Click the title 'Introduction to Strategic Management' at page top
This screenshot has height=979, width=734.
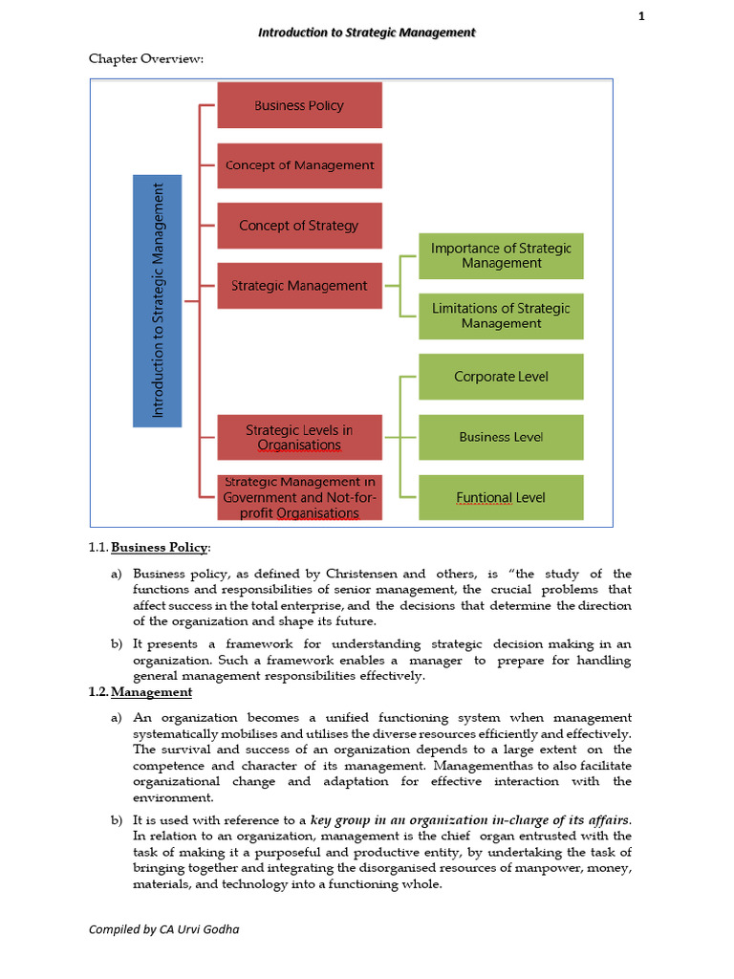click(x=367, y=33)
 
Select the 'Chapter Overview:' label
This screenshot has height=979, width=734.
click(x=146, y=59)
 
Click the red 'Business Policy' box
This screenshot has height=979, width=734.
click(x=299, y=105)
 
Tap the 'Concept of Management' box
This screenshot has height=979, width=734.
click(x=299, y=165)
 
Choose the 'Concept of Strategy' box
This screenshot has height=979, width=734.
click(x=299, y=226)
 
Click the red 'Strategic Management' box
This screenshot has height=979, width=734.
click(x=299, y=285)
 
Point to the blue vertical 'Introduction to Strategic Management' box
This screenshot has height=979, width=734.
click(x=157, y=300)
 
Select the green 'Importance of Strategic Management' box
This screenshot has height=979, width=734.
click(x=501, y=255)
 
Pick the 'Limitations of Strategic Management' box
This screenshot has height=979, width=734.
click(x=501, y=315)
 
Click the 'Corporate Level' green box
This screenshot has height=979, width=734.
click(x=501, y=377)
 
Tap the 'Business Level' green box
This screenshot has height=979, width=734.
click(x=501, y=437)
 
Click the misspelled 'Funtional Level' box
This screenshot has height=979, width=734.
click(x=501, y=497)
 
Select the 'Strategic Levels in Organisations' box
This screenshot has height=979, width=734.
click(x=299, y=437)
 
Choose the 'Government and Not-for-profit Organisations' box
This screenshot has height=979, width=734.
click(x=299, y=498)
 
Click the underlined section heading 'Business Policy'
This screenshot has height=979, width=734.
click(x=159, y=547)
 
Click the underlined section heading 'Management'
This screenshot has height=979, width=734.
click(x=151, y=692)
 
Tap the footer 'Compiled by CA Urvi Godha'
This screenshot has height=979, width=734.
click(x=163, y=928)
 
